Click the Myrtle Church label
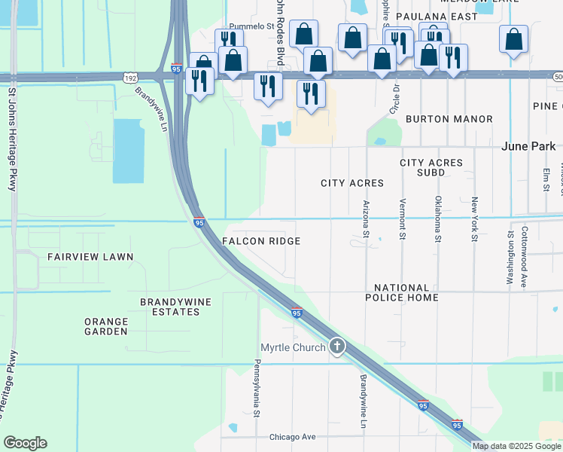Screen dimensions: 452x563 coord(293,347)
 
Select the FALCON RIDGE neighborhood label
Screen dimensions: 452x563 coord(261,241)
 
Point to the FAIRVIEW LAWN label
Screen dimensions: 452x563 coord(90,257)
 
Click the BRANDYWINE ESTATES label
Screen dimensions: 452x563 coord(176,307)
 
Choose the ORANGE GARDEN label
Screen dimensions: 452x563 coord(106,326)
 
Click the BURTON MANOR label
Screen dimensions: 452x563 coord(449,119)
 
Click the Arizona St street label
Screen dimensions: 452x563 coord(367,219)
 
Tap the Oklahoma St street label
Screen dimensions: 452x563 coord(437,219)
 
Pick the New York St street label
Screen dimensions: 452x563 coord(474,219)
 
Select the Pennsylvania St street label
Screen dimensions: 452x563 coord(257,388)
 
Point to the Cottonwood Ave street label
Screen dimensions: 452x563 coord(525,257)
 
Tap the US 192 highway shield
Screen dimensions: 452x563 coord(131,77)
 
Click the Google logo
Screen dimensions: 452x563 coord(25,443)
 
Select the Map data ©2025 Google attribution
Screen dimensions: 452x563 coord(516,446)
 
